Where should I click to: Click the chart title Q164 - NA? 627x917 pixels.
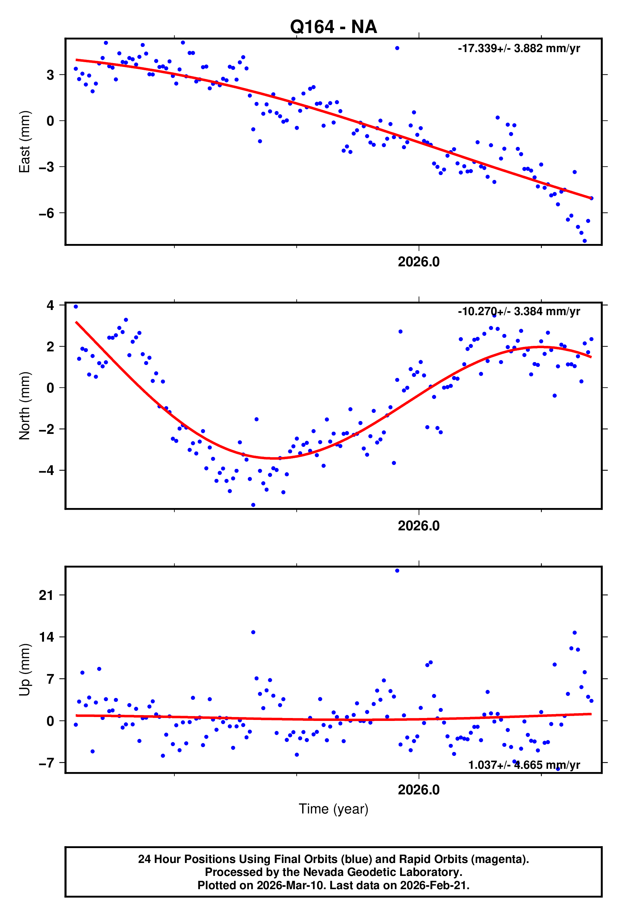click(x=334, y=27)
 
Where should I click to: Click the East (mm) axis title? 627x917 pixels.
click(x=25, y=142)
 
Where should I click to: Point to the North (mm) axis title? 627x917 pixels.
click(x=25, y=406)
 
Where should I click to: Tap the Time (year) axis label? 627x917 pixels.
click(x=334, y=809)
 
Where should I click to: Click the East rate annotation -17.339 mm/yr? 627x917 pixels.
click(x=519, y=49)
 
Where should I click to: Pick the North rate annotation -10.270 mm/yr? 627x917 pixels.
click(x=519, y=311)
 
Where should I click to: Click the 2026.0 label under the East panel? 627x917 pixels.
click(x=418, y=262)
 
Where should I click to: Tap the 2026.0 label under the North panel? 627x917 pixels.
click(x=418, y=526)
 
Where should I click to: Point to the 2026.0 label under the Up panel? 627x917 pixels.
click(x=418, y=790)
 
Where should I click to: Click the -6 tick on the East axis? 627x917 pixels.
click(x=46, y=214)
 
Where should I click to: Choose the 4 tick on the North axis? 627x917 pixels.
click(x=50, y=305)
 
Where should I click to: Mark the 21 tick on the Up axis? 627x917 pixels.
click(x=46, y=595)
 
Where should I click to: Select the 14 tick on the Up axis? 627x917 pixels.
click(x=46, y=637)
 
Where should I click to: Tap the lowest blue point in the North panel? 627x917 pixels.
click(x=253, y=505)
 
